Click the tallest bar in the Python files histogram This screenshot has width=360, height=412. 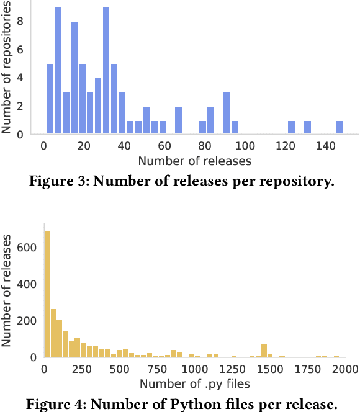click(47, 294)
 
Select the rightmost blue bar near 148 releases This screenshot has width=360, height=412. click(340, 127)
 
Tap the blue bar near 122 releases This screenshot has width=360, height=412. click(291, 127)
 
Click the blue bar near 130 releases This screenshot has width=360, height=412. click(307, 127)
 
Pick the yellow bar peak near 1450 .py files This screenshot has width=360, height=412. click(264, 351)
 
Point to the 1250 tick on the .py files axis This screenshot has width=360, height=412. click(233, 369)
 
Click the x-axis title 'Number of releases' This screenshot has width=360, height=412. click(195, 161)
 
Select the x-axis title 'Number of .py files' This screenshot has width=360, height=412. click(194, 384)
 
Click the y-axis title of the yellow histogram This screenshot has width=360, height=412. click(8, 289)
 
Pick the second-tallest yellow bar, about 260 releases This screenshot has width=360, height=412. click(53, 333)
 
